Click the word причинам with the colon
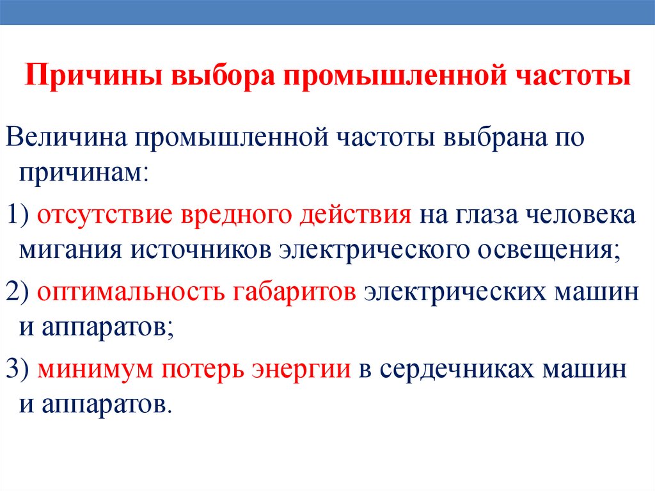[x=84, y=173]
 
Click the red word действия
[x=355, y=215]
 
